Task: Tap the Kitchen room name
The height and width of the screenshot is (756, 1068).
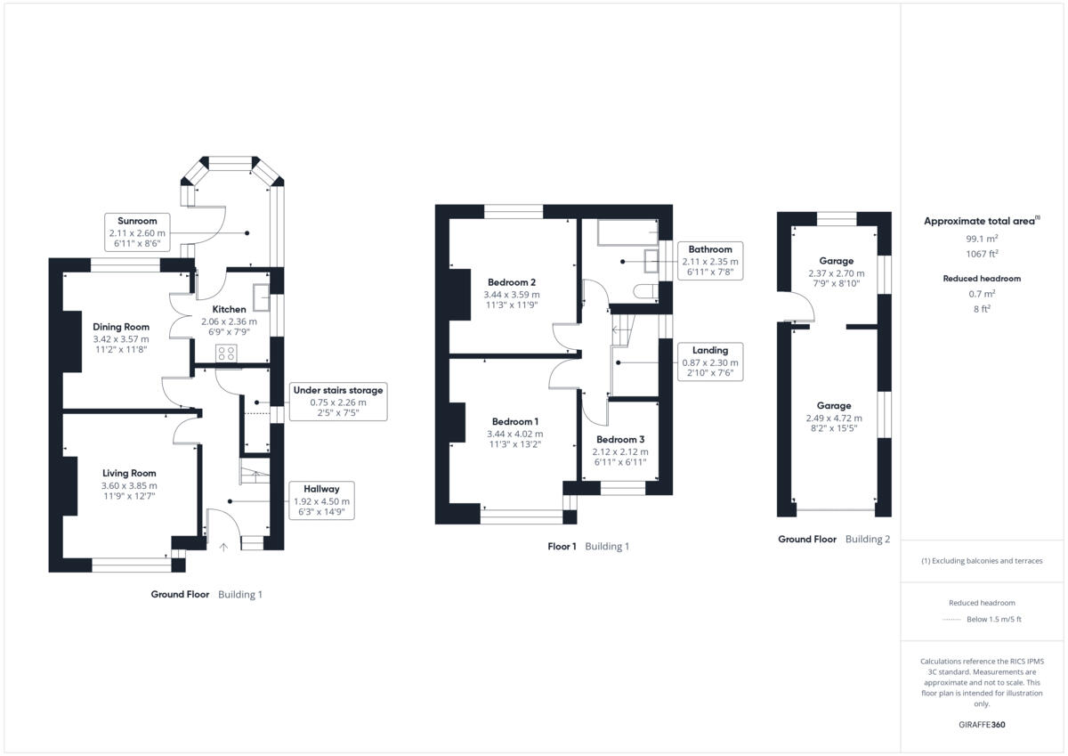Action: [x=229, y=309]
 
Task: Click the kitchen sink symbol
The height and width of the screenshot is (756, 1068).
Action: [x=262, y=296]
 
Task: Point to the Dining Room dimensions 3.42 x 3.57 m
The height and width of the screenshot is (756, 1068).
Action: [x=121, y=339]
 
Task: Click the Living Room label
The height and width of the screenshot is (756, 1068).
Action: [x=129, y=473]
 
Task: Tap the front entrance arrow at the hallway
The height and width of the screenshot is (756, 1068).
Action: [x=223, y=547]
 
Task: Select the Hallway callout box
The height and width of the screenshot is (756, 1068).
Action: [x=320, y=500]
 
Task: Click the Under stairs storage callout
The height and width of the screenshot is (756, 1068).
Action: [x=337, y=402]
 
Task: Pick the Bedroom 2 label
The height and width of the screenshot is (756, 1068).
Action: [x=511, y=282]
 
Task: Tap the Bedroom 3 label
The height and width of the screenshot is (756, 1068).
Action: [x=620, y=439]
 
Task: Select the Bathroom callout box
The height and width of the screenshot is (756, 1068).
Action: [x=709, y=261]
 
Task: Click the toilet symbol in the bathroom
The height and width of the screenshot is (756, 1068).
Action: [x=645, y=291]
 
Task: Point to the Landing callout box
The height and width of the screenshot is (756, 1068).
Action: [x=709, y=362]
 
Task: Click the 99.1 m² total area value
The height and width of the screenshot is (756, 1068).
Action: [x=982, y=239]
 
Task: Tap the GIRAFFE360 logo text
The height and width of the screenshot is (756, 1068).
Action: [x=982, y=725]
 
